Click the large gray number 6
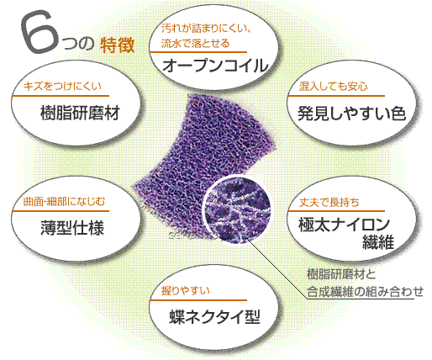tap(40, 31)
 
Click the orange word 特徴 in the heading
tap(118, 45)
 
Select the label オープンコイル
tap(215, 66)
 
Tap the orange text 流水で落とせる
tap(195, 44)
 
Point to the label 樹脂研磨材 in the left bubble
tap(80, 113)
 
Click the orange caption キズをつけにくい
tap(62, 87)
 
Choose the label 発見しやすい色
tap(351, 114)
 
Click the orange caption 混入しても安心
tap(333, 87)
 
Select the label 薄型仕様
tap(72, 228)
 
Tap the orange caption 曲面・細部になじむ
tap(64, 201)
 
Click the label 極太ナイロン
tap(344, 225)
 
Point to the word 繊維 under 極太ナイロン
tap(378, 242)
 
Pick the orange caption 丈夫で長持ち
tap(329, 202)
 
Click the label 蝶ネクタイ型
tap(215, 317)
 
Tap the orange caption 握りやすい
tap(185, 291)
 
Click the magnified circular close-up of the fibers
tap(237, 209)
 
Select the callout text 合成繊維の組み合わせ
tap(365, 292)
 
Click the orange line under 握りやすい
tap(198, 300)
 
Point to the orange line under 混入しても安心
tap(336, 96)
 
